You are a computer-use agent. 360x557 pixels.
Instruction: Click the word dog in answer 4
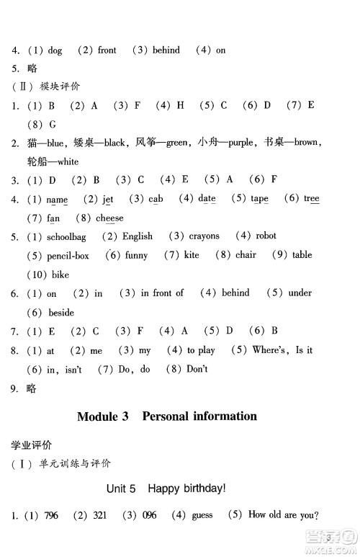(x=55, y=50)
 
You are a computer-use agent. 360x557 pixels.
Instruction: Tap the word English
(x=137, y=236)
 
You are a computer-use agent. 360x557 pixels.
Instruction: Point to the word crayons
(x=204, y=236)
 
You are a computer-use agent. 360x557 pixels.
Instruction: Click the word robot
(x=266, y=236)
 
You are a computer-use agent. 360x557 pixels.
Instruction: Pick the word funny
(x=136, y=256)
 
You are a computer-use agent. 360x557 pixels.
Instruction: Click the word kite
(x=192, y=256)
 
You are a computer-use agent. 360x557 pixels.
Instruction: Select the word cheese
(x=109, y=218)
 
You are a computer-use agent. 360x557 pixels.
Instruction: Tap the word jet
(x=108, y=199)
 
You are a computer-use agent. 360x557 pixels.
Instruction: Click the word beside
(x=61, y=313)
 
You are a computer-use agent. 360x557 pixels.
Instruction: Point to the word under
(x=300, y=293)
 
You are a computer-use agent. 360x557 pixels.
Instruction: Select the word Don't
(x=196, y=370)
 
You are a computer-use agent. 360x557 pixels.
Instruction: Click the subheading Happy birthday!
(x=186, y=489)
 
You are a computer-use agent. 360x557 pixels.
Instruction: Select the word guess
(x=202, y=516)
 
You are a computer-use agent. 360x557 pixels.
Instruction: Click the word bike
(x=60, y=275)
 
